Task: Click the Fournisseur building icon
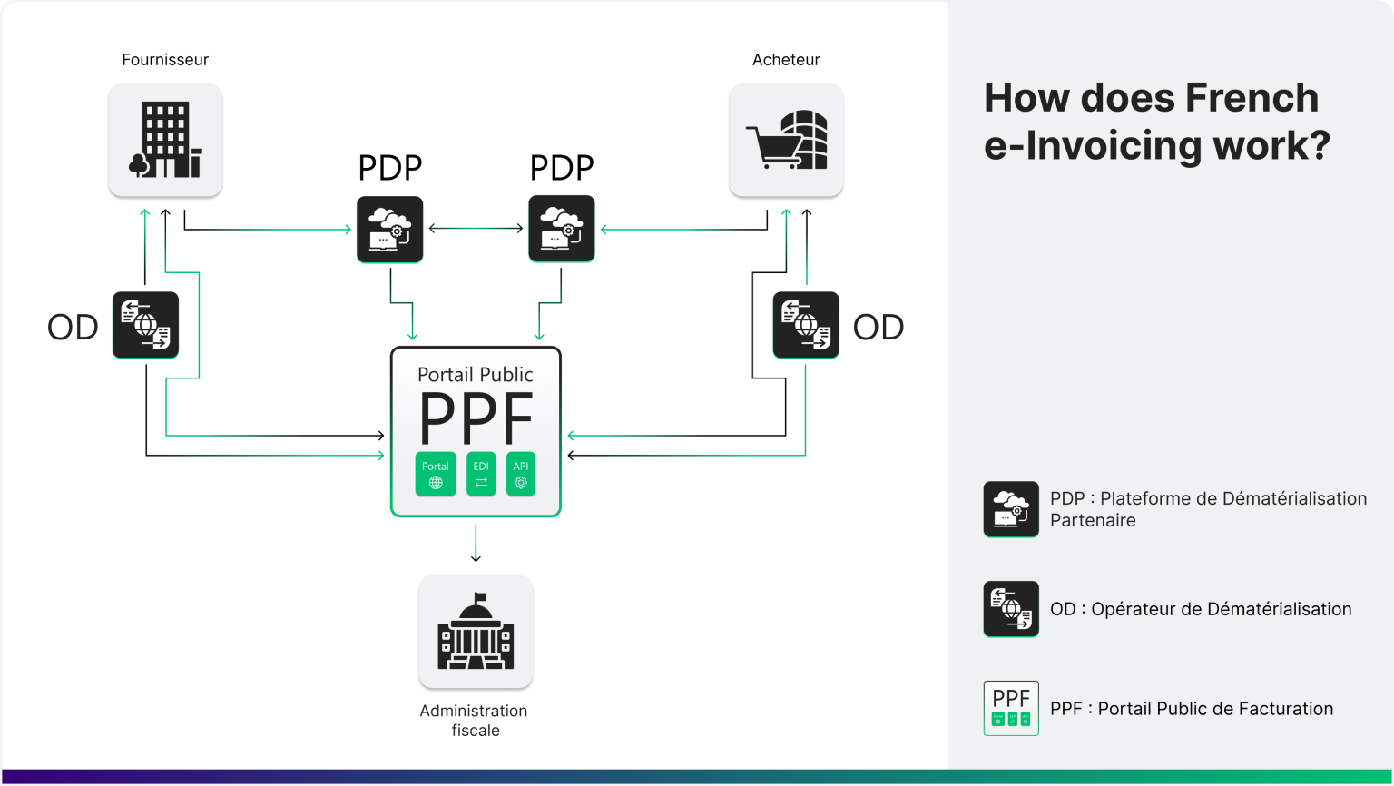click(x=165, y=140)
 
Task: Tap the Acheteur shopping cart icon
click(x=786, y=140)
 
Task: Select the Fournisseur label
click(x=165, y=60)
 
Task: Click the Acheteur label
click(x=786, y=60)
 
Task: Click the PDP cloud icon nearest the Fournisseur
click(x=390, y=230)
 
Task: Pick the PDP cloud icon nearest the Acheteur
click(x=562, y=229)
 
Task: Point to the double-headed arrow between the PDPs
click(x=476, y=229)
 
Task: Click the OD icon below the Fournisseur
click(x=145, y=325)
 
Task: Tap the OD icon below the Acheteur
click(x=806, y=325)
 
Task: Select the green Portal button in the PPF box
click(x=436, y=474)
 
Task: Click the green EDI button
click(x=481, y=474)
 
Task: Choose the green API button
click(x=521, y=474)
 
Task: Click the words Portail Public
click(x=476, y=375)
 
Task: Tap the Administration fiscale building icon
click(x=476, y=632)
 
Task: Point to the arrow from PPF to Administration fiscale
click(x=476, y=544)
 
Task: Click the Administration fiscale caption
click(x=474, y=721)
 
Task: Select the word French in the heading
click(x=1252, y=98)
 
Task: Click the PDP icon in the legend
click(x=1011, y=509)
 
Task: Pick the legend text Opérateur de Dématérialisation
click(x=1221, y=609)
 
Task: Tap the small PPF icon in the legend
click(x=1011, y=708)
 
